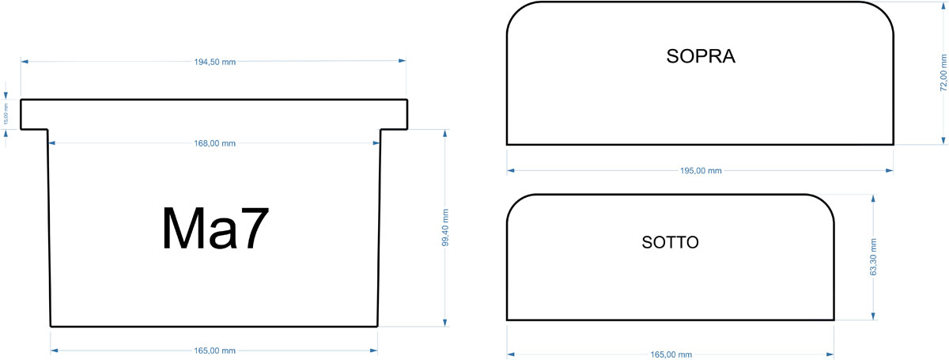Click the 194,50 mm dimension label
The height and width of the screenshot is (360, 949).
coord(215,62)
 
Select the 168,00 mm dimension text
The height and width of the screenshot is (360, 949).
coord(215,143)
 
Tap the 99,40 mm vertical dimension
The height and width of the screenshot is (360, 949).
coord(445,227)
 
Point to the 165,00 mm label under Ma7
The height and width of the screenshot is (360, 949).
coord(215,351)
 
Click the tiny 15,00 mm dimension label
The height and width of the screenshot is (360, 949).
coord(6,115)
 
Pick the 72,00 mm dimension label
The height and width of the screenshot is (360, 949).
coord(943,73)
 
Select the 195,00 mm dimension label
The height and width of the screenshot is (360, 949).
coord(701,171)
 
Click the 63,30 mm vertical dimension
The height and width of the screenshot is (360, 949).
coord(873,257)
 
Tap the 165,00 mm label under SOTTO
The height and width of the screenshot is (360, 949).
coord(671,354)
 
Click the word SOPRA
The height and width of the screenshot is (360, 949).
coord(701,56)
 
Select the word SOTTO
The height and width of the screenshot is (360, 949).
coord(671,243)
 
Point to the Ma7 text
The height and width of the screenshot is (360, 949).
coord(215,229)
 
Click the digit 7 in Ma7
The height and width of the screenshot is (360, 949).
coord(252,229)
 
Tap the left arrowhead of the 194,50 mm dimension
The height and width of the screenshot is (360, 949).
coord(25,62)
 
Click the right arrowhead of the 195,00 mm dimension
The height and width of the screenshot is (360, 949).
coord(890,170)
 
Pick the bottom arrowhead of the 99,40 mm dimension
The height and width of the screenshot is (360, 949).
coord(444,323)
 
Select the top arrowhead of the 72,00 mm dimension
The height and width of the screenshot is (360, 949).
coord(943,6)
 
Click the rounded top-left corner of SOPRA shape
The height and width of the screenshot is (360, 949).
coord(514,10)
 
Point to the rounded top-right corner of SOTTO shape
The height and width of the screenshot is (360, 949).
coord(826,203)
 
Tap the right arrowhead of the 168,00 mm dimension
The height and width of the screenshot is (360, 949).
coord(376,143)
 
